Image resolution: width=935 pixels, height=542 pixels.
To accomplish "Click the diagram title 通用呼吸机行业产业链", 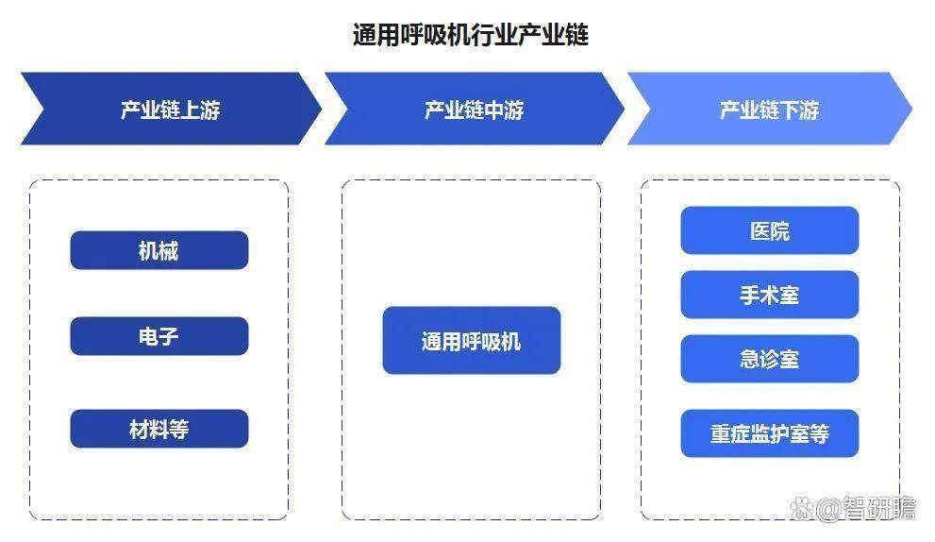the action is (x=471, y=35).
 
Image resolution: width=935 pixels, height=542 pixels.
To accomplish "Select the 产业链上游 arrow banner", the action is (x=171, y=109).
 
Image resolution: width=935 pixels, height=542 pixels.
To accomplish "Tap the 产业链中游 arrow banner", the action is (x=474, y=109).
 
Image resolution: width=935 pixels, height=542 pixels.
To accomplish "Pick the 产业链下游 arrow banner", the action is (x=769, y=109).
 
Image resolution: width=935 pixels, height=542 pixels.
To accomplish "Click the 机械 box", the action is (x=159, y=250).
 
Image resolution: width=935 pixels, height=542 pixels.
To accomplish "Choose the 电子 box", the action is (x=159, y=336).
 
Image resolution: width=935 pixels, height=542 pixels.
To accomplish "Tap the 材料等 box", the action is (x=159, y=429).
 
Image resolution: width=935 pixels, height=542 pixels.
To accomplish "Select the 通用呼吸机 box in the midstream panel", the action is (x=472, y=341).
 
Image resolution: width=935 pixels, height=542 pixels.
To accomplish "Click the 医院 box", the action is (x=770, y=230).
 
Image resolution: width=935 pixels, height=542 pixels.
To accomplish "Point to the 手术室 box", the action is (x=770, y=295).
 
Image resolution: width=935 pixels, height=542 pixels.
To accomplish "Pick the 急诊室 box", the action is (x=770, y=359).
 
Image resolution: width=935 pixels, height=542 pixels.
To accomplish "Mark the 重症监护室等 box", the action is (x=770, y=433).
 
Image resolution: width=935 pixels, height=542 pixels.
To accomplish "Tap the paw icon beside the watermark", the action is (x=802, y=508).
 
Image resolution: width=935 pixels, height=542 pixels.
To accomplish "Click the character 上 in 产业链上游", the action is (x=190, y=110).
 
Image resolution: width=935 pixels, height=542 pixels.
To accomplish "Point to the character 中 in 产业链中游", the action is (x=493, y=110).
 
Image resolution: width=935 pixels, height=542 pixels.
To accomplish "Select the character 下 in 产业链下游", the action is (x=789, y=110).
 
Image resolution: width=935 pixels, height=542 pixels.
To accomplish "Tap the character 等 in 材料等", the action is (x=179, y=430).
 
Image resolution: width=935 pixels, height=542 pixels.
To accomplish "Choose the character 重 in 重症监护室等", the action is (x=720, y=434).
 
